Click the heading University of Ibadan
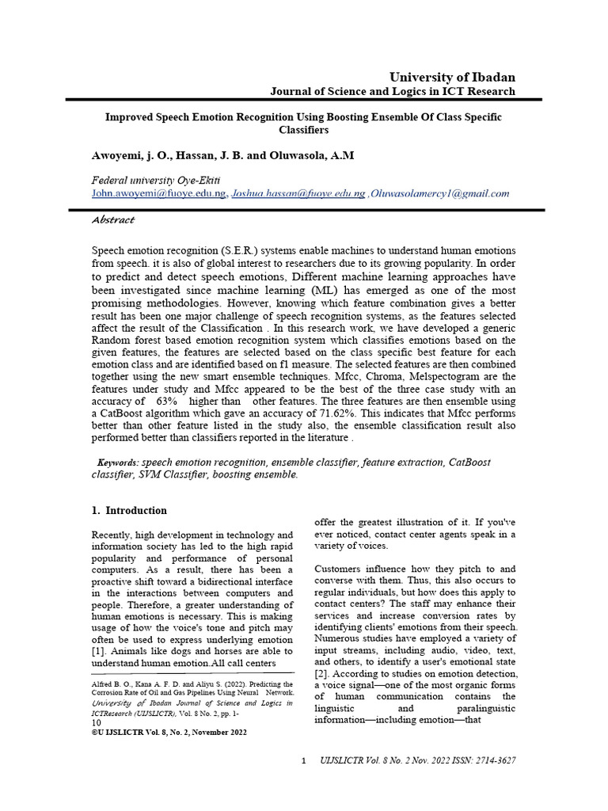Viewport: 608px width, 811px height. (x=452, y=77)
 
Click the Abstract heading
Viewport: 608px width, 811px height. (x=113, y=219)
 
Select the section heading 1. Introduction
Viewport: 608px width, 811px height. (x=130, y=511)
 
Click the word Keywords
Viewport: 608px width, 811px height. (x=117, y=463)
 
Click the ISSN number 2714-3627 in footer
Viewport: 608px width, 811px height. (x=495, y=760)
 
